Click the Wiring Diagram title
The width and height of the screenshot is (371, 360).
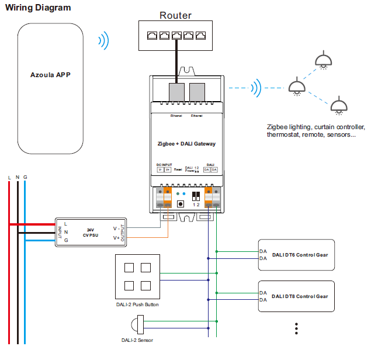pyautogui.click(x=39, y=8)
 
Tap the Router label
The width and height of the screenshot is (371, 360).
pyautogui.click(x=175, y=15)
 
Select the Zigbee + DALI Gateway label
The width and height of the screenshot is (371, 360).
pyautogui.click(x=186, y=144)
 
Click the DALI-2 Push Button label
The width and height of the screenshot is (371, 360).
pyautogui.click(x=137, y=304)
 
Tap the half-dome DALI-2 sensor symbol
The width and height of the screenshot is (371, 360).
pyautogui.click(x=138, y=324)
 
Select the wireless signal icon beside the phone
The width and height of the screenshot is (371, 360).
pyautogui.click(x=103, y=41)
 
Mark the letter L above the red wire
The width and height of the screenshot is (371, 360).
pyautogui.click(x=9, y=177)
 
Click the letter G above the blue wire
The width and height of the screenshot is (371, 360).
pyautogui.click(x=25, y=177)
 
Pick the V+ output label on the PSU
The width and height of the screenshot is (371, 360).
pyautogui.click(x=116, y=238)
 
